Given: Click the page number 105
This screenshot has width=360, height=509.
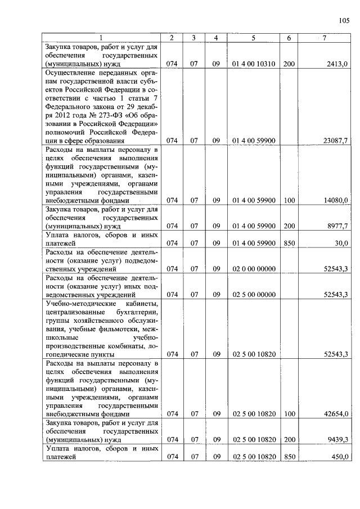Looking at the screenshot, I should (x=344, y=21).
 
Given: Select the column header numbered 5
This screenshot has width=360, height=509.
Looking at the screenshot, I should (x=253, y=38).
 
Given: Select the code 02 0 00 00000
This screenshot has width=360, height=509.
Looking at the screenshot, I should (x=253, y=269).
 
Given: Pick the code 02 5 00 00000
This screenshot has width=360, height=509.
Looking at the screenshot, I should (x=253, y=294).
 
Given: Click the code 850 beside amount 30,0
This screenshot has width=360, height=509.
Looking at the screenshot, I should (x=289, y=243).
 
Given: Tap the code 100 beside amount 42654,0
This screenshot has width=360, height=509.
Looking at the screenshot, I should (x=289, y=413).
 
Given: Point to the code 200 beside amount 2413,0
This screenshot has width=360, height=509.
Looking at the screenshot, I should (x=289, y=64).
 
